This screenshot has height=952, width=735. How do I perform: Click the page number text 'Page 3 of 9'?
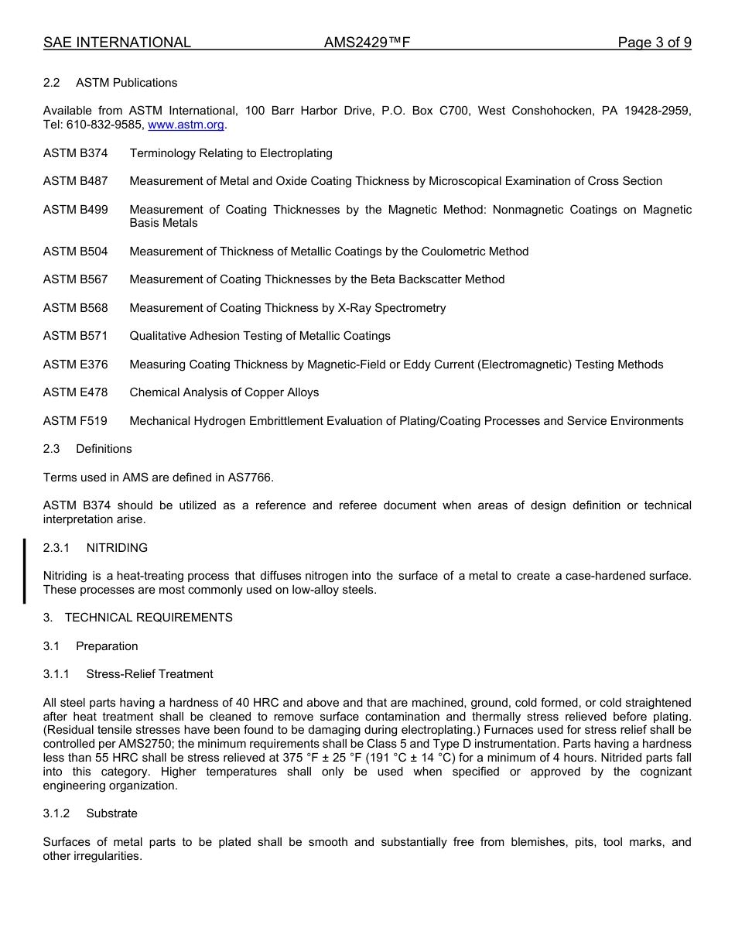tap(654, 43)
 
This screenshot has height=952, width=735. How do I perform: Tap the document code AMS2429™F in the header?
tap(367, 43)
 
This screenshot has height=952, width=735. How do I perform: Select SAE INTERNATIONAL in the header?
tap(117, 43)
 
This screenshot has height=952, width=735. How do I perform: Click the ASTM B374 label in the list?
tap(76, 153)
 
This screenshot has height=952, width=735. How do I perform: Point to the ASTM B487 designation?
tap(76, 181)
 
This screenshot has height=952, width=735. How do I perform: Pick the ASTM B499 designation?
tap(76, 210)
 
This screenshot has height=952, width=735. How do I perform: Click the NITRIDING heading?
tap(117, 548)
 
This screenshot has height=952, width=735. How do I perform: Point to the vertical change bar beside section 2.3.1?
tap(24, 570)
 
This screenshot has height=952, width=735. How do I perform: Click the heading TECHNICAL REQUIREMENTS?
tap(149, 618)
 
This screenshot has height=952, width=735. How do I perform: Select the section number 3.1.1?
tap(56, 674)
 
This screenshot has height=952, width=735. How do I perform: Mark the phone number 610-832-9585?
tap(104, 125)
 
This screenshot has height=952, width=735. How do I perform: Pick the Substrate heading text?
tap(111, 813)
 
